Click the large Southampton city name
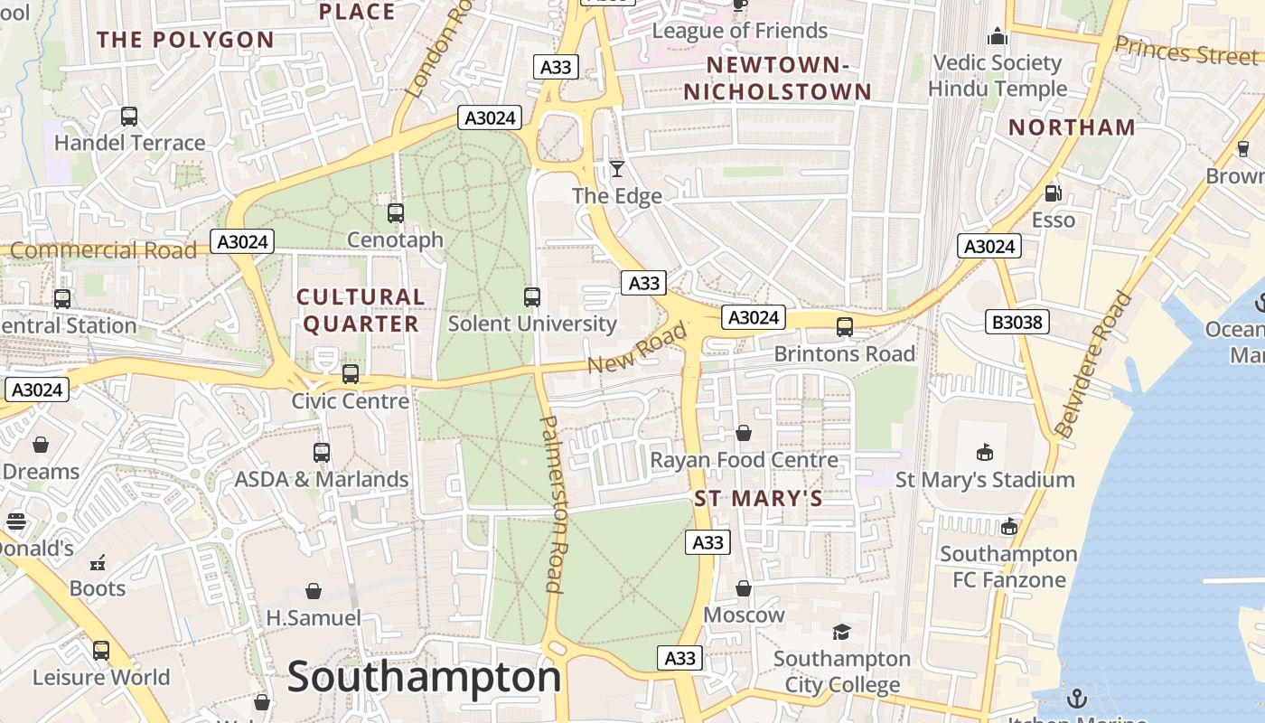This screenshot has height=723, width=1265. [424, 678]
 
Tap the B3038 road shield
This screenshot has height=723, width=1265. [1017, 321]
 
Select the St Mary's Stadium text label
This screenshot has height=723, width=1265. [985, 479]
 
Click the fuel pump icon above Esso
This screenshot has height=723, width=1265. [1053, 192]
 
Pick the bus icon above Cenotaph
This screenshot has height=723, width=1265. [396, 213]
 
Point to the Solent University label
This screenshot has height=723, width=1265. [532, 324]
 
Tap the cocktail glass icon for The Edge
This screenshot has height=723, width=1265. [617, 169]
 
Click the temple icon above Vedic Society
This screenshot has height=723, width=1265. [998, 36]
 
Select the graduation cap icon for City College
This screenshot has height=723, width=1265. [841, 632]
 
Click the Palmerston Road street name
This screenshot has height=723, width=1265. [554, 503]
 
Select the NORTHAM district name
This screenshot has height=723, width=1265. [1072, 127]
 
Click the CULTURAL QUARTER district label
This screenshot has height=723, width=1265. [361, 310]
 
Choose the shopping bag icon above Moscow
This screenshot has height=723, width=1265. [744, 588]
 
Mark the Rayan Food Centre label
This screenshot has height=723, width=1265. [745, 460]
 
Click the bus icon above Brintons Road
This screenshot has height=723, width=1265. [845, 327]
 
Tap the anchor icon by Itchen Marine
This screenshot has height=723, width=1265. [1076, 698]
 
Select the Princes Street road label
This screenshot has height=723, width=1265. [1185, 52]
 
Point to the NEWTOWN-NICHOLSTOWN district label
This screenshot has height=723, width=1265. [777, 78]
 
